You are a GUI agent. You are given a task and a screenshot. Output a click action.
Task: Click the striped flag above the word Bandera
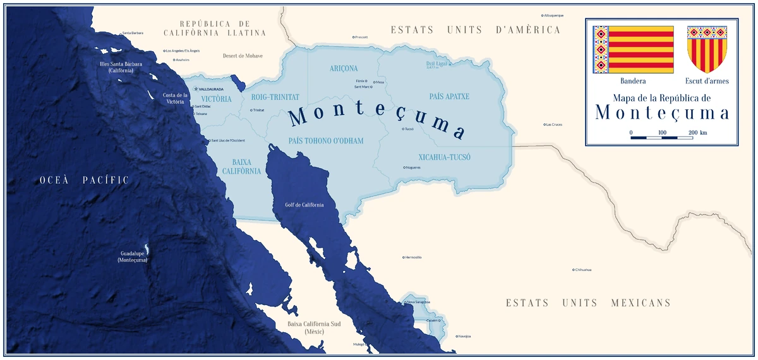coord(633,49)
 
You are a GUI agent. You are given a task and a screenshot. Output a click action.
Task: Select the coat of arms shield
coord(707,49)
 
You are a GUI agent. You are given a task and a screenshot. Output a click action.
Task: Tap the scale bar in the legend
coord(661,137)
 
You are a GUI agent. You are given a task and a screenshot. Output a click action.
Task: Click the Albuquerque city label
coord(553,15)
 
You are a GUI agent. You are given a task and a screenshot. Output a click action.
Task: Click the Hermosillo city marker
coord(404,258)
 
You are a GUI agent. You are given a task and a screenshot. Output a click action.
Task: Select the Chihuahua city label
coord(583,270)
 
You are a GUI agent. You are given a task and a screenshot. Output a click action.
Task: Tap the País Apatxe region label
coord(449,97)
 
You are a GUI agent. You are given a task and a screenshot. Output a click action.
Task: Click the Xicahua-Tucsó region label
coord(445,157)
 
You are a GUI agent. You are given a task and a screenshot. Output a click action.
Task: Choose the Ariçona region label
coord(344,68)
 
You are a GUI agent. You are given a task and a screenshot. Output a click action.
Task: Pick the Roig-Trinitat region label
coord(275,97)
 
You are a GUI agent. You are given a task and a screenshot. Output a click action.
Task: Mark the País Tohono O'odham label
coord(326,141)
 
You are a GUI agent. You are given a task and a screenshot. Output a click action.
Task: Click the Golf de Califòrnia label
coord(304,205)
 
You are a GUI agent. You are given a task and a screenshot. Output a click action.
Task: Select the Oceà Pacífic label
coord(84,180)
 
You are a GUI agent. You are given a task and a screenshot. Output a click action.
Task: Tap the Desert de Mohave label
coord(243,56)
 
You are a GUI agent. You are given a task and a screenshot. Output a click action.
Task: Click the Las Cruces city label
coord(553,124)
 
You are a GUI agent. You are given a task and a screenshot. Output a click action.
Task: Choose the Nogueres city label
coord(414,167)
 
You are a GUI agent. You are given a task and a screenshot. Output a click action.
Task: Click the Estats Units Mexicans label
coord(588,303)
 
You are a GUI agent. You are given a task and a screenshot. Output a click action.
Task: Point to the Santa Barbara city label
coord(133,33)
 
